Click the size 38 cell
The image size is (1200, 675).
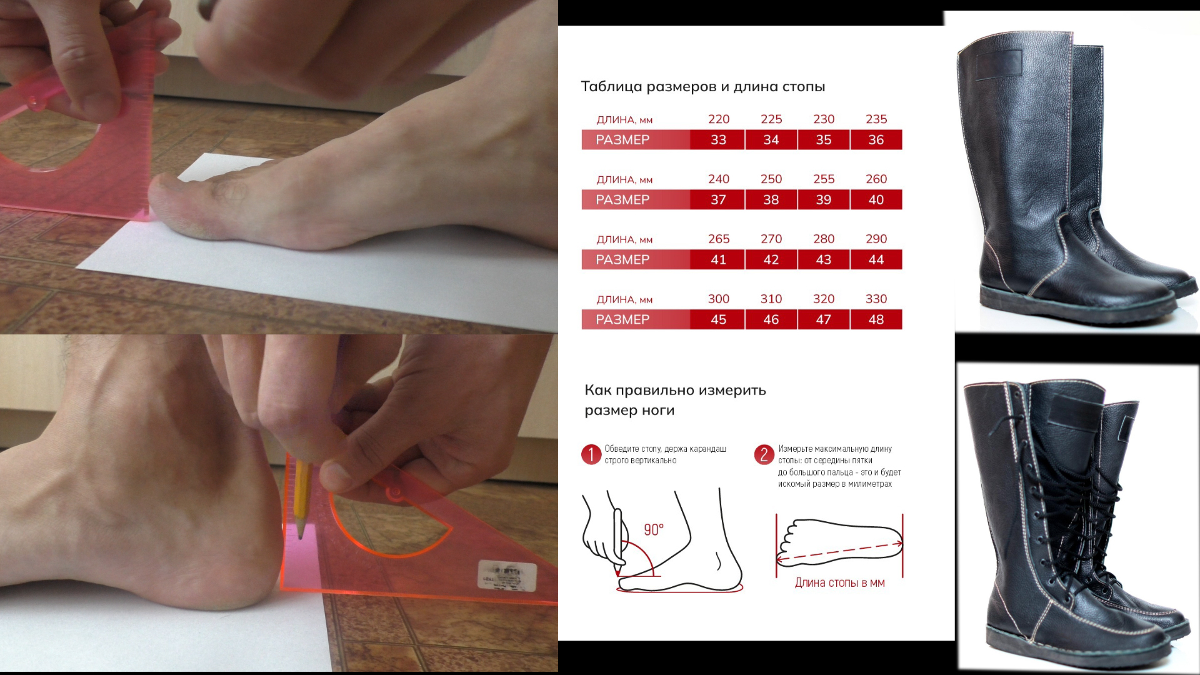[771, 199]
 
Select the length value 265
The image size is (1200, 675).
[719, 239]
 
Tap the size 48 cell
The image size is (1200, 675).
[876, 319]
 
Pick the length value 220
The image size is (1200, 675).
[719, 119]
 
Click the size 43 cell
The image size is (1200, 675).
[824, 259]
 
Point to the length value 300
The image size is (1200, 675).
[719, 299]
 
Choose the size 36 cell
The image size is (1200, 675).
[876, 139]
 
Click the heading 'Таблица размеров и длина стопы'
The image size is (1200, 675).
[703, 86]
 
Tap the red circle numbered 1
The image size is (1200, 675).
[591, 454]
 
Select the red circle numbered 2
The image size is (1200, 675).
[764, 454]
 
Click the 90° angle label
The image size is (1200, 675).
[654, 530]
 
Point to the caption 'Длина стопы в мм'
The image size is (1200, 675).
[840, 583]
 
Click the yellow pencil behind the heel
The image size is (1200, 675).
[301, 499]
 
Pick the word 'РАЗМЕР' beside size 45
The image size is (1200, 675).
[622, 319]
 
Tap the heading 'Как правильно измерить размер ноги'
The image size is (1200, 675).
[675, 400]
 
